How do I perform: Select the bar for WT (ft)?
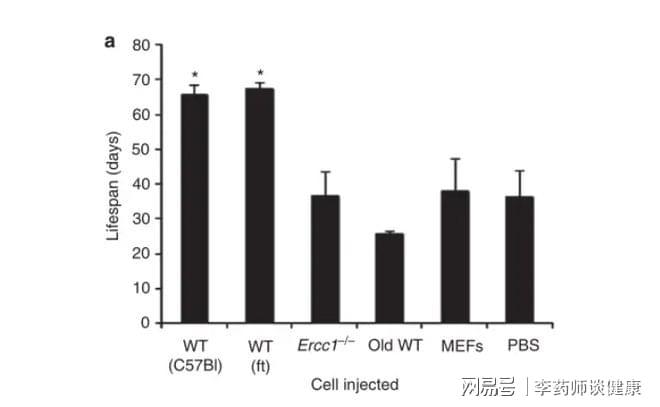pyautogui.click(x=260, y=205)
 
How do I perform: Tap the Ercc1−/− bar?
pyautogui.click(x=325, y=259)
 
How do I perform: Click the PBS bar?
pyautogui.click(x=520, y=259)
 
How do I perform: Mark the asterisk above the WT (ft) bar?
pyautogui.click(x=260, y=73)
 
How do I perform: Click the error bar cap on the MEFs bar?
pyautogui.click(x=455, y=158)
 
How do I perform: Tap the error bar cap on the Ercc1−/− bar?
pyautogui.click(x=325, y=172)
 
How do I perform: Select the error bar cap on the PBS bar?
pyautogui.click(x=520, y=171)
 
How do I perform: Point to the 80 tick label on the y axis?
pyautogui.click(x=141, y=45)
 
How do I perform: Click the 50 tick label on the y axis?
pyautogui.click(x=141, y=149)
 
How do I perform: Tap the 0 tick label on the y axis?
pyautogui.click(x=145, y=323)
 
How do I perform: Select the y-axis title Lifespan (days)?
pyautogui.click(x=112, y=185)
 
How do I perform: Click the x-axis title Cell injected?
pyautogui.click(x=355, y=384)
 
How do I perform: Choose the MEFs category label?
pyautogui.click(x=455, y=345)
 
